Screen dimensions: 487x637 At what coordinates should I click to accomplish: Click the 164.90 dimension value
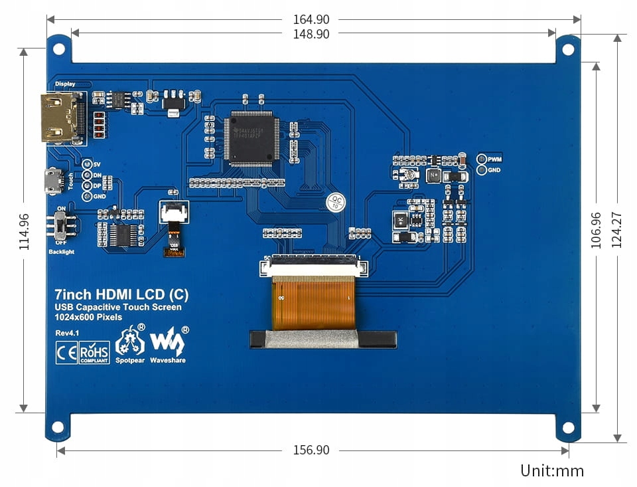click(x=311, y=20)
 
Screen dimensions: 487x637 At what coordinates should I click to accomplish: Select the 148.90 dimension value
click(x=311, y=34)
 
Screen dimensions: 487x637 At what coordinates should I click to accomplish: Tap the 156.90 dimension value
click(x=311, y=450)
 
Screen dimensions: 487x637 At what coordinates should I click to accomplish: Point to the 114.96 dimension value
click(x=24, y=231)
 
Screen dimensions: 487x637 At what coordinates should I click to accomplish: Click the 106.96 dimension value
click(x=596, y=231)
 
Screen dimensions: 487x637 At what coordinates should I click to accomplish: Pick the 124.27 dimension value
click(x=617, y=230)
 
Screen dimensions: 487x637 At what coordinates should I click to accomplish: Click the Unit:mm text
click(x=552, y=471)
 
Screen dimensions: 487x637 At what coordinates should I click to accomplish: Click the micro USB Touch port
click(x=52, y=181)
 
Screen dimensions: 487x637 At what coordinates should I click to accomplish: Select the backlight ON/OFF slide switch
click(x=61, y=226)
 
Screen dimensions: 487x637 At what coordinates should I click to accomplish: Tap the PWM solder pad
click(x=482, y=159)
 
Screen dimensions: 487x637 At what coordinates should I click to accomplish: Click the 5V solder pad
click(x=86, y=163)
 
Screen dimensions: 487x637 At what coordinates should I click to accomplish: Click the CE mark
click(x=66, y=353)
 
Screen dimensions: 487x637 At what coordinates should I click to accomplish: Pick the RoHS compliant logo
click(x=94, y=353)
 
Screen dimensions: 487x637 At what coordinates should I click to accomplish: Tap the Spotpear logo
click(x=130, y=343)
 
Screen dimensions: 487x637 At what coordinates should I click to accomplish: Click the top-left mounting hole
click(x=59, y=49)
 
